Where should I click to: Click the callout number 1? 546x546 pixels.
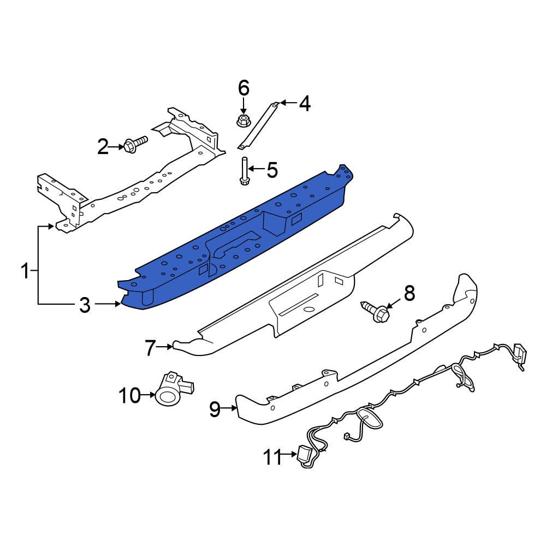25,271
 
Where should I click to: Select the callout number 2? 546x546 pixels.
103,146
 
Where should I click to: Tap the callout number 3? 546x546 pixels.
85,305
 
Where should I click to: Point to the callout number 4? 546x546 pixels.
304,103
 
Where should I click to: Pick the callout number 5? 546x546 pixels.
271,170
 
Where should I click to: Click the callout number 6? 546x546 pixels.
243,87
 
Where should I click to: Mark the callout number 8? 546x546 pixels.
409,294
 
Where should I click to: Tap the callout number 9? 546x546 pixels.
215,408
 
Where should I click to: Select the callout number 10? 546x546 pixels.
130,395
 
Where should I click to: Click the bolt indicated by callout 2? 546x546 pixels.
135,144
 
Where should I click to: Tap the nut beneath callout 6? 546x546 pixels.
244,120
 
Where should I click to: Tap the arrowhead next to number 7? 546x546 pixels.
170,346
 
